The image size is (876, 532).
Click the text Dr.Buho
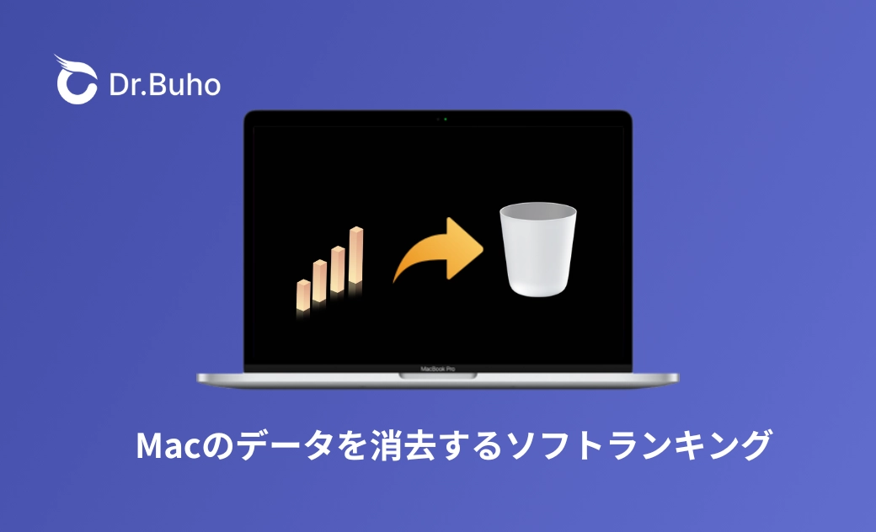[165, 85]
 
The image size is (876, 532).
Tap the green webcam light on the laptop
[445, 119]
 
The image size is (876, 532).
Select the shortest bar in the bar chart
[303, 295]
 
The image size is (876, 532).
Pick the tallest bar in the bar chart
[356, 256]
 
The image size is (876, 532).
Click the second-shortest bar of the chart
[320, 281]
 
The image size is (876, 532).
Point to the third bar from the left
[338, 269]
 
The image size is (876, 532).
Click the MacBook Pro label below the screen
[437, 369]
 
